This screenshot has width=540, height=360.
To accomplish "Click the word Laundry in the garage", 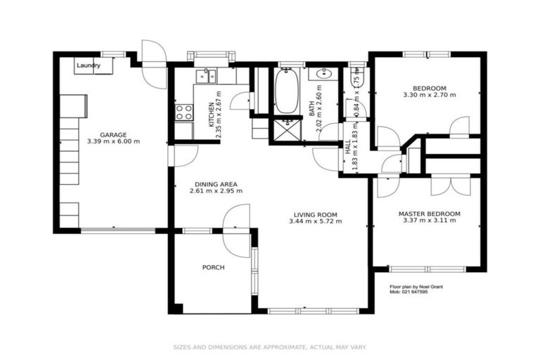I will [x=88, y=65].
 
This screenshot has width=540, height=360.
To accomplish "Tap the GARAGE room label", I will [x=112, y=134].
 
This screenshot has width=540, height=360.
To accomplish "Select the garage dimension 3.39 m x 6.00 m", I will [x=112, y=141].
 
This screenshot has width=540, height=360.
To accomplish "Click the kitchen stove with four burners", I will [x=184, y=112].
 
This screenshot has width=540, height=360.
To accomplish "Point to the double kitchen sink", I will [x=206, y=75].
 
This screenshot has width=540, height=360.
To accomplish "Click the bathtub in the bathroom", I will [x=285, y=91].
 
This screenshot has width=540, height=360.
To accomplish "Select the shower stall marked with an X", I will [x=286, y=129].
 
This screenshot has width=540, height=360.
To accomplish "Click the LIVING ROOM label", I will [x=315, y=214].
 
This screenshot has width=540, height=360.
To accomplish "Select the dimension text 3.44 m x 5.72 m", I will [x=315, y=221].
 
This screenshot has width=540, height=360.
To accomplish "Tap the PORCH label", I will [x=213, y=267].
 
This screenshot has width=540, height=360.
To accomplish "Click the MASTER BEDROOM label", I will [x=429, y=213].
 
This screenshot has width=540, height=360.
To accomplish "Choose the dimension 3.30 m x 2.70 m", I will [x=429, y=95].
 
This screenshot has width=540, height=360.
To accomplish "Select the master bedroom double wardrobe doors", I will [x=450, y=184].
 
